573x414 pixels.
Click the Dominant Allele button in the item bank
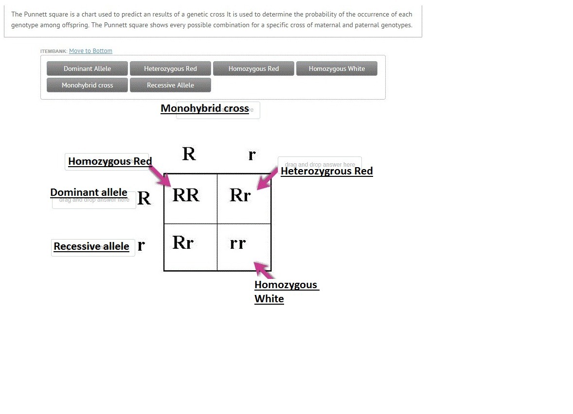[x=87, y=69]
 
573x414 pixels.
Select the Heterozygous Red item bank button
[x=170, y=69]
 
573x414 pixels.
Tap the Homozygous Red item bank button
[x=253, y=69]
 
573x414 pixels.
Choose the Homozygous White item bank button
[x=337, y=69]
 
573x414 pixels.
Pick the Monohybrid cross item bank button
[x=87, y=85]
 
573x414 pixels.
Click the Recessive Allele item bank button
[x=170, y=85]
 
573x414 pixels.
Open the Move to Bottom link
[x=90, y=51]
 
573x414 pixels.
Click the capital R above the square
[x=189, y=154]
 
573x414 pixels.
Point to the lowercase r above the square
[x=251, y=155]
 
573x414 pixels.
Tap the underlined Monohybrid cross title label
[x=205, y=108]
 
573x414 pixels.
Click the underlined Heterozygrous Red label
[x=326, y=171]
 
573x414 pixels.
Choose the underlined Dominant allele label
[x=89, y=192]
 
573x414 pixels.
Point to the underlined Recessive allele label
[x=91, y=246]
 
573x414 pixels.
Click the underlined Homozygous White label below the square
[x=286, y=292]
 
